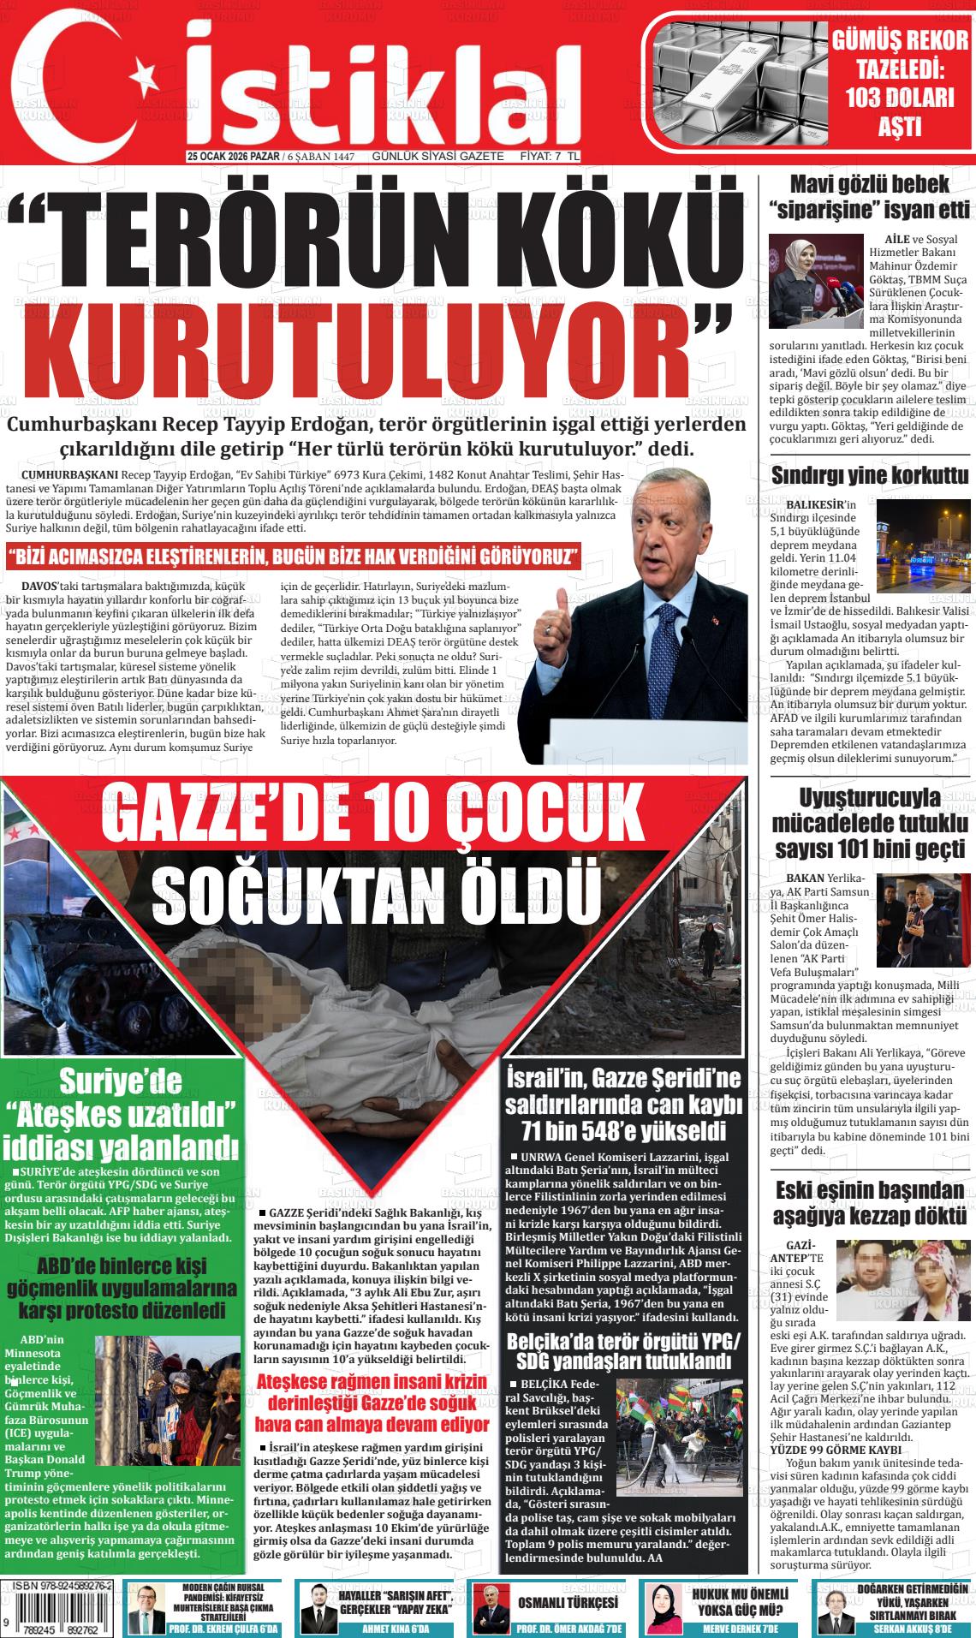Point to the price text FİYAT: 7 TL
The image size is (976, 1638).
tap(550, 157)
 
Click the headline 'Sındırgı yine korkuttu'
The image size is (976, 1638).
tap(869, 476)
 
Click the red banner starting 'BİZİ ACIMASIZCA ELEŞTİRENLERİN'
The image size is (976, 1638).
tap(294, 557)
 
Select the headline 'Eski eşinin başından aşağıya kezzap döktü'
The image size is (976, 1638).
tap(869, 1202)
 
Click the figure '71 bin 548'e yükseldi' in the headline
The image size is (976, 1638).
tap(623, 1131)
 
